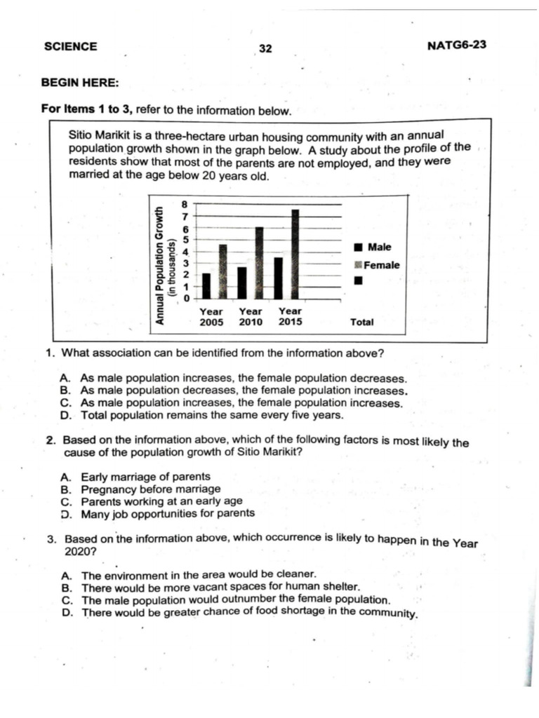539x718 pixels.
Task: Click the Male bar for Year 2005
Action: tap(206, 285)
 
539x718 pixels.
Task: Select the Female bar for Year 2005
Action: tap(222, 271)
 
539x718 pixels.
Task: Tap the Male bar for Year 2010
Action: tap(242, 283)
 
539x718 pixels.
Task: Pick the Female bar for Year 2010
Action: tap(259, 263)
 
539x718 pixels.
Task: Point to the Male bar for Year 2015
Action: tap(278, 278)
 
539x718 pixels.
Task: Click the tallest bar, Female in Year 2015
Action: tap(295, 254)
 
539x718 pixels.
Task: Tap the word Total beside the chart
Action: tap(362, 323)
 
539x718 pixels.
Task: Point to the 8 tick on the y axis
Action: tap(185, 204)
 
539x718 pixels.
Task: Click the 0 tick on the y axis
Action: tap(185, 299)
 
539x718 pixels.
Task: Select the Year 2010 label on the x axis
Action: tap(251, 317)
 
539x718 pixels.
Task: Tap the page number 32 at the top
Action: tap(265, 48)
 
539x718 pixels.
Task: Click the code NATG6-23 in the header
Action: tap(456, 46)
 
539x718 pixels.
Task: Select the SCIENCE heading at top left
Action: tap(70, 46)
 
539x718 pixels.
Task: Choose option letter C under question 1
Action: tap(65, 403)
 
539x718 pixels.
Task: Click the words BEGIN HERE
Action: tap(80, 82)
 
